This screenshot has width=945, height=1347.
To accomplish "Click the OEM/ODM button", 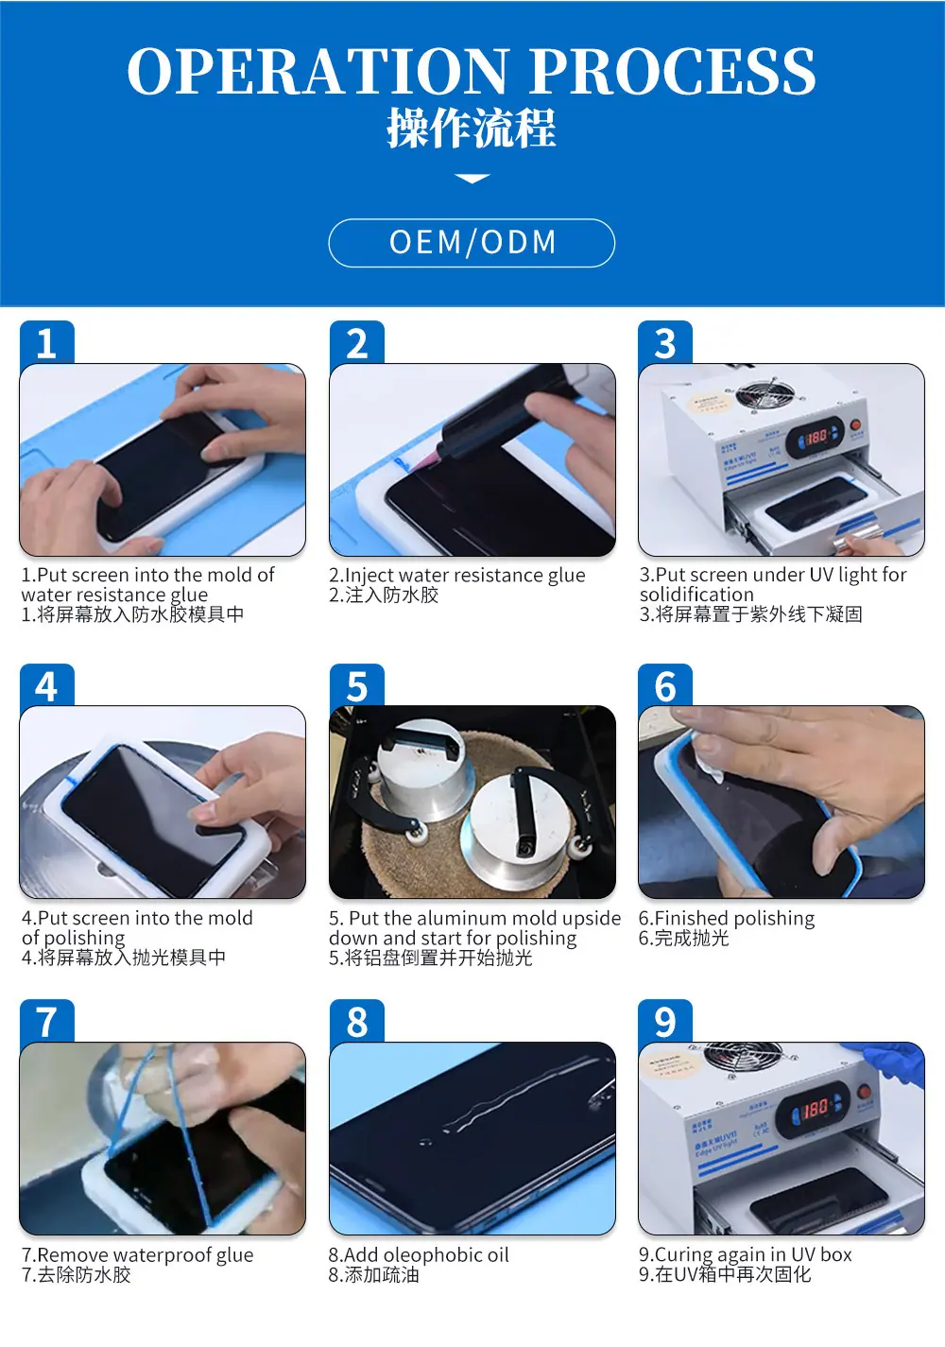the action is (x=472, y=242).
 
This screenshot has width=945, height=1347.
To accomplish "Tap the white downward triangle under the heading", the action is (x=472, y=178).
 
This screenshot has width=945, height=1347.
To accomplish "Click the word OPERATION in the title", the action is (x=317, y=71).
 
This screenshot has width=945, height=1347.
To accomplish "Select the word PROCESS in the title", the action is (x=673, y=71).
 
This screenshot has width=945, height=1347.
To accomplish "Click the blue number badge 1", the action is (x=47, y=342).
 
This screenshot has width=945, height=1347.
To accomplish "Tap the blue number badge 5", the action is (x=356, y=685).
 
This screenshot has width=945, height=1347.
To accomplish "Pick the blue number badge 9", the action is (x=665, y=1021).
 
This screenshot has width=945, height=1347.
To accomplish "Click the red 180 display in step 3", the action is (x=816, y=436).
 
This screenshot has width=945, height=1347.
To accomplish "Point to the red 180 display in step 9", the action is (x=815, y=1107).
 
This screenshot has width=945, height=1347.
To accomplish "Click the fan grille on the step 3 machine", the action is (x=767, y=391).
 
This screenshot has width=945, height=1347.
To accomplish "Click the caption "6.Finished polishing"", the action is (x=726, y=918).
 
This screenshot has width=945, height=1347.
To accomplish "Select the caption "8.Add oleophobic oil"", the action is (x=419, y=1254).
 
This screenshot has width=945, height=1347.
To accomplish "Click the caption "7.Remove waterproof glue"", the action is (x=138, y=1255).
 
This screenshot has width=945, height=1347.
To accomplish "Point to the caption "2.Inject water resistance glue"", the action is (x=456, y=576).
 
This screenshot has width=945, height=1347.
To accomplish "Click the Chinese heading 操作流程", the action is (x=472, y=129).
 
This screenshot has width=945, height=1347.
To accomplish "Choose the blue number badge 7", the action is (x=47, y=1021).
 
